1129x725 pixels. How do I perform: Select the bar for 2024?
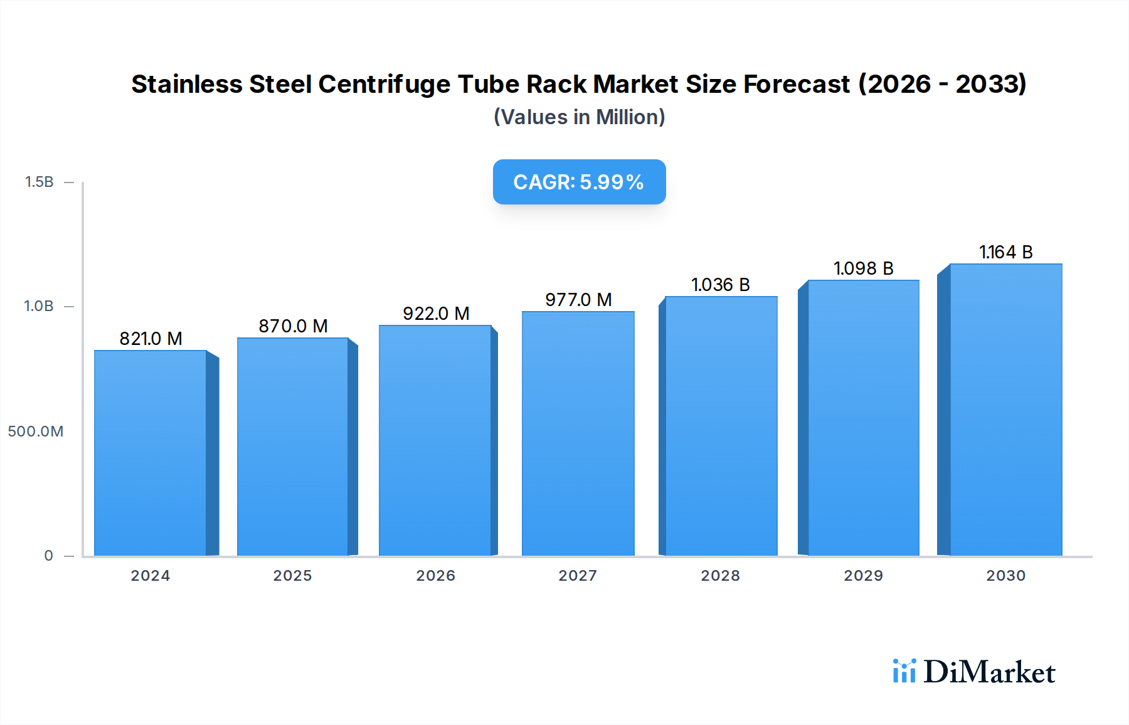point(151,453)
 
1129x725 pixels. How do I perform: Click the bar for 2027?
point(578,433)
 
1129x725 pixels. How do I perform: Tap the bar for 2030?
point(1005,410)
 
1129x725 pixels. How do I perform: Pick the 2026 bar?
point(435,440)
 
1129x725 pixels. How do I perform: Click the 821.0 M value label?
point(151,339)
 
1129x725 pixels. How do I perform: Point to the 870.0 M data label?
point(293,326)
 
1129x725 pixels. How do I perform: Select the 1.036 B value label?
point(720,285)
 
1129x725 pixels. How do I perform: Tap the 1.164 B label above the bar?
point(1005,252)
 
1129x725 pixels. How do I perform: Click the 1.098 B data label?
point(863,268)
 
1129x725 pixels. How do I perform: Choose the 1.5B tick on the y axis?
point(39,182)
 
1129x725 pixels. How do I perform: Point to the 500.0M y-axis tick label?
point(36,431)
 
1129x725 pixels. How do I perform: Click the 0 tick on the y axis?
point(48,556)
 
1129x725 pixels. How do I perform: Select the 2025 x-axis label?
point(292,576)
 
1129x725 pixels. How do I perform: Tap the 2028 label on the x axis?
point(720,576)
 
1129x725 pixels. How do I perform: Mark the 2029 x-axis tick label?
point(863,576)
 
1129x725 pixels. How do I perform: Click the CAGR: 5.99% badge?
point(579,182)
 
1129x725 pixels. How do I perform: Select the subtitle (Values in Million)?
point(579,117)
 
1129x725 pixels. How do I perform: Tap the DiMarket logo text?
point(989,672)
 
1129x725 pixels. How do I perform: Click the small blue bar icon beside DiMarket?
point(904,671)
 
